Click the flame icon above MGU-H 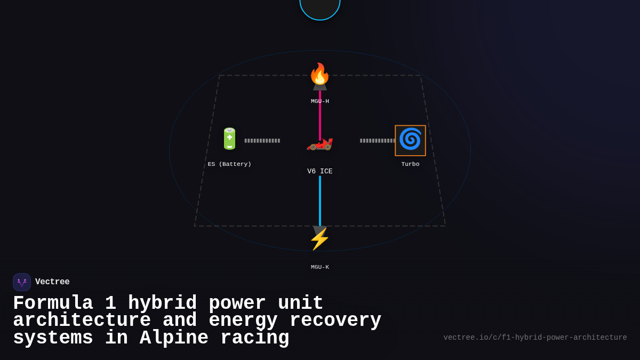[319, 74]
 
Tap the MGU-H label [320, 101]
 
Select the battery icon [229, 139]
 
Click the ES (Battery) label [229, 164]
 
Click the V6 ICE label [320, 172]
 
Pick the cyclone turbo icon [410, 140]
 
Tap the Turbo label [410, 164]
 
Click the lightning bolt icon [319, 239]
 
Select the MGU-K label [320, 267]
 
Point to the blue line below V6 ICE [320, 200]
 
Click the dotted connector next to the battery [262, 141]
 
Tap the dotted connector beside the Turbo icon [377, 141]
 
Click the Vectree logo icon [22, 282]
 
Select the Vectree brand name [52, 282]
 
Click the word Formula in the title [53, 303]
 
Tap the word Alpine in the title [174, 338]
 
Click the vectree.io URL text [535, 338]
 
